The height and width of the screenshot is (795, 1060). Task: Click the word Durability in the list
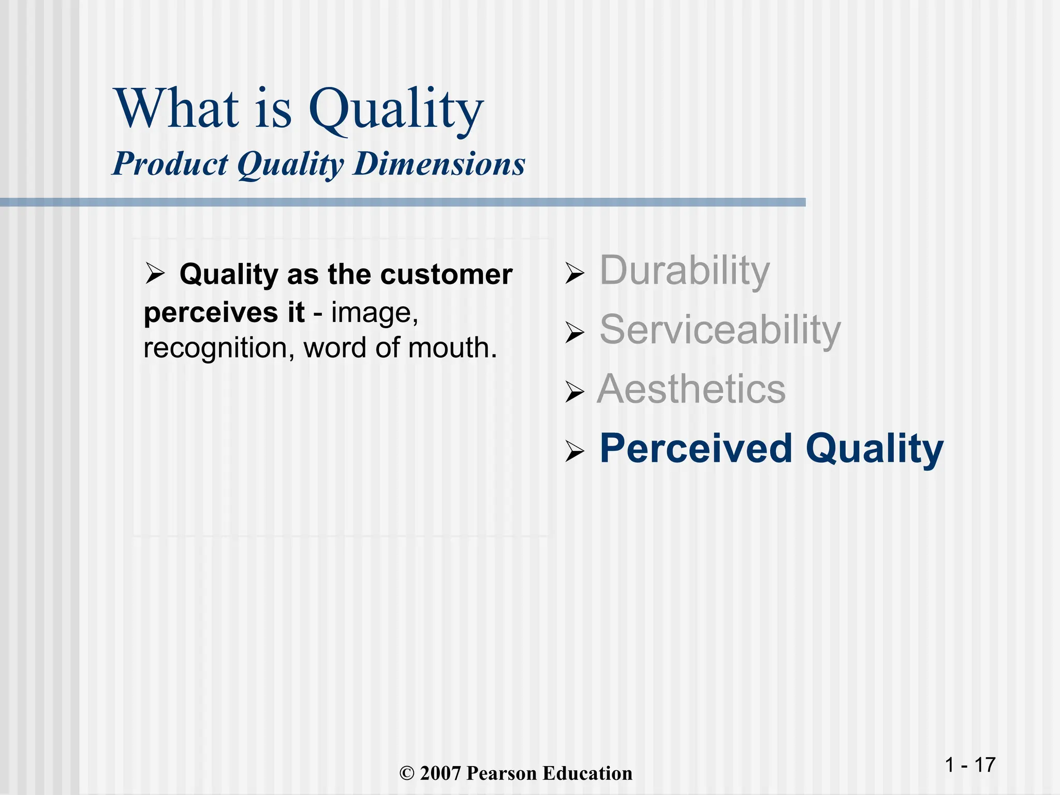(684, 271)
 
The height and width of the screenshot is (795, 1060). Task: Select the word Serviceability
(720, 330)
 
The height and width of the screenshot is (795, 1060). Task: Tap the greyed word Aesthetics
(691, 389)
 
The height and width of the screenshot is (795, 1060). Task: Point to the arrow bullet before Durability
(574, 273)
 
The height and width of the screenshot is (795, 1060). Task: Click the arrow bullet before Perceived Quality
(574, 451)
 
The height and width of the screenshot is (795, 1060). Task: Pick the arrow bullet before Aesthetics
(574, 392)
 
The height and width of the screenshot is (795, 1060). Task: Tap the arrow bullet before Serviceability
(574, 332)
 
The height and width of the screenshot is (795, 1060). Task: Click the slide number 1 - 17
(970, 765)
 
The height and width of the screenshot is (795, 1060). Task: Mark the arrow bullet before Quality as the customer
(155, 273)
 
